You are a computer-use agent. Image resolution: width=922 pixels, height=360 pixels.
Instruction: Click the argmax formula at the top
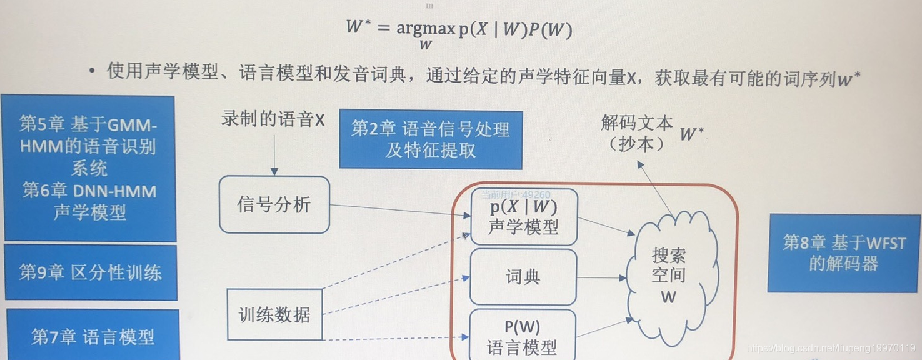(x=459, y=31)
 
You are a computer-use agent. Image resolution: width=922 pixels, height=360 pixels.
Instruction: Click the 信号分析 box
(x=274, y=204)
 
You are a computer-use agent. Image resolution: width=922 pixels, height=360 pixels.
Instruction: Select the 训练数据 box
(x=274, y=314)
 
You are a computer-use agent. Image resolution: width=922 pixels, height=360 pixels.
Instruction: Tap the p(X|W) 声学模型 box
(x=523, y=217)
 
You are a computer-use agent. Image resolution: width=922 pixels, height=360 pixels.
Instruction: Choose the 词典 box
(x=523, y=277)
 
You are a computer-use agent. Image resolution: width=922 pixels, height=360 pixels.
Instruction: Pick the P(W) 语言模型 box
(x=522, y=336)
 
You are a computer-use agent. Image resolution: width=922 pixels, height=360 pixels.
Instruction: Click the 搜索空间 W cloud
(x=669, y=276)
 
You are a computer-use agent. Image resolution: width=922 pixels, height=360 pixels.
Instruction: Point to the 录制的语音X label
(x=273, y=119)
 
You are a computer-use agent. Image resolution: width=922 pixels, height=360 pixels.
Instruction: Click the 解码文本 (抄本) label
(x=636, y=132)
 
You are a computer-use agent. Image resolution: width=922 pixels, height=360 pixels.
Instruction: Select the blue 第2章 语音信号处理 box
(x=430, y=139)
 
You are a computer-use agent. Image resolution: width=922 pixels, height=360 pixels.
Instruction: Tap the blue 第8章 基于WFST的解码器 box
(x=844, y=253)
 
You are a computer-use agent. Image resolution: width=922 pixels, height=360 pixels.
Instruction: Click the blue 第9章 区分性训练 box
(x=91, y=272)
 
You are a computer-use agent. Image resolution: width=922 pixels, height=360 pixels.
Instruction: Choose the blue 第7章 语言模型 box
(x=93, y=337)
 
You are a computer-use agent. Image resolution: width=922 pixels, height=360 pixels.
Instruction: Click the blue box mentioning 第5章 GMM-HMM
(x=89, y=168)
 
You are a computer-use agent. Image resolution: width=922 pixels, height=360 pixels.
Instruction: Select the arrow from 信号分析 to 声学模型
(x=400, y=210)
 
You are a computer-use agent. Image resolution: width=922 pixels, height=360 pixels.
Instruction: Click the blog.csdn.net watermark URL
(x=831, y=347)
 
